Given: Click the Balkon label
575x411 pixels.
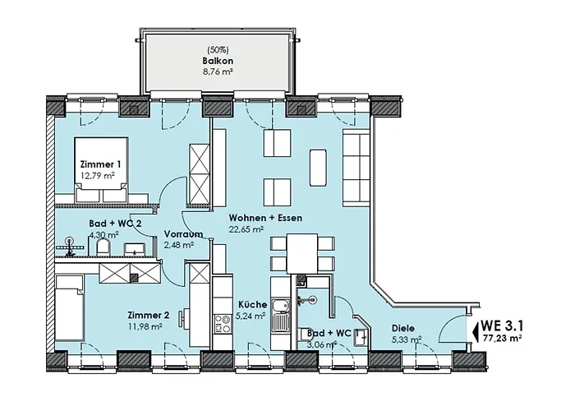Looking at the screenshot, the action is [218, 61].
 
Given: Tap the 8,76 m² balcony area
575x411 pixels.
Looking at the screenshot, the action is [218, 72].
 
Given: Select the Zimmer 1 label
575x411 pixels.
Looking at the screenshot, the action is [100, 164].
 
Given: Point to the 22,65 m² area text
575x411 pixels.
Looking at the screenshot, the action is [246, 229].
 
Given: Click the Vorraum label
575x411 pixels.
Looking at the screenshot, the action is [183, 234].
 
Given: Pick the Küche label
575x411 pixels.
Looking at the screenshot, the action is [253, 305].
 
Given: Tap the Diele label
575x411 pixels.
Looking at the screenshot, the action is [403, 328].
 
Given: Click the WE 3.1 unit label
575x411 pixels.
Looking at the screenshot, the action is [502, 326].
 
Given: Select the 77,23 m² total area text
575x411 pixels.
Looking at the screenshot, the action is [502, 338].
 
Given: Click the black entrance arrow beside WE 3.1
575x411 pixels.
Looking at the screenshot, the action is [476, 330].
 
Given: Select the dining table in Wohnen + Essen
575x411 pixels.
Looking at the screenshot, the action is [302, 253].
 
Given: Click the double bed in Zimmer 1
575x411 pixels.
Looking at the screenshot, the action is [101, 169].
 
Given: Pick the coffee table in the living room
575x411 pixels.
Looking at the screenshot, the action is [318, 168].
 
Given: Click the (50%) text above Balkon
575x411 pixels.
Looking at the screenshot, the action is [218, 49].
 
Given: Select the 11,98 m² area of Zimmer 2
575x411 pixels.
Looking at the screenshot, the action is [145, 326].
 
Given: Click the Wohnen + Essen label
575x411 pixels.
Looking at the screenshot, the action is [265, 218].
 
